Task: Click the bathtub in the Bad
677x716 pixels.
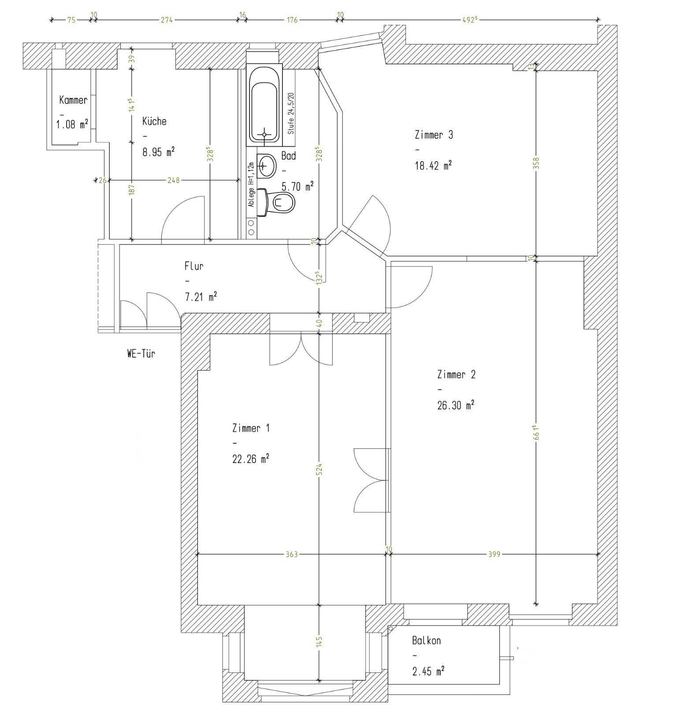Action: click(x=264, y=105)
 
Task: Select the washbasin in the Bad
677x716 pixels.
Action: click(x=266, y=166)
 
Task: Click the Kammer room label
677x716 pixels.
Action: click(x=74, y=100)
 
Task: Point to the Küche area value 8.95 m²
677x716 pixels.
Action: click(x=158, y=152)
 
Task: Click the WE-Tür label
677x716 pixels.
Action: click(x=141, y=353)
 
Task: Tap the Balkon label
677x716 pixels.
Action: click(x=426, y=640)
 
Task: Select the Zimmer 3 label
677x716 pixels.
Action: click(x=434, y=134)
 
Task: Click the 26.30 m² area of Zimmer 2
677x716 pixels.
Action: click(x=456, y=404)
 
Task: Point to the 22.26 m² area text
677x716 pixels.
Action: click(x=251, y=459)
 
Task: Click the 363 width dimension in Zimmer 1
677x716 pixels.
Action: click(x=292, y=554)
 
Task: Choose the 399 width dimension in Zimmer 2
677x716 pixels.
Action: click(x=494, y=554)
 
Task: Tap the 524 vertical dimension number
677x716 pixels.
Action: click(x=320, y=468)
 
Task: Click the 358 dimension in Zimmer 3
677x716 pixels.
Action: click(x=536, y=163)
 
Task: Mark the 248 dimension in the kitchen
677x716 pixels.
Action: click(x=174, y=180)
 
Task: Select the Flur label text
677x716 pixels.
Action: click(x=193, y=266)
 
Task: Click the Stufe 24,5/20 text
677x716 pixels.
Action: click(x=290, y=114)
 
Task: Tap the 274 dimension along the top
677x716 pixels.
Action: click(x=166, y=20)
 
